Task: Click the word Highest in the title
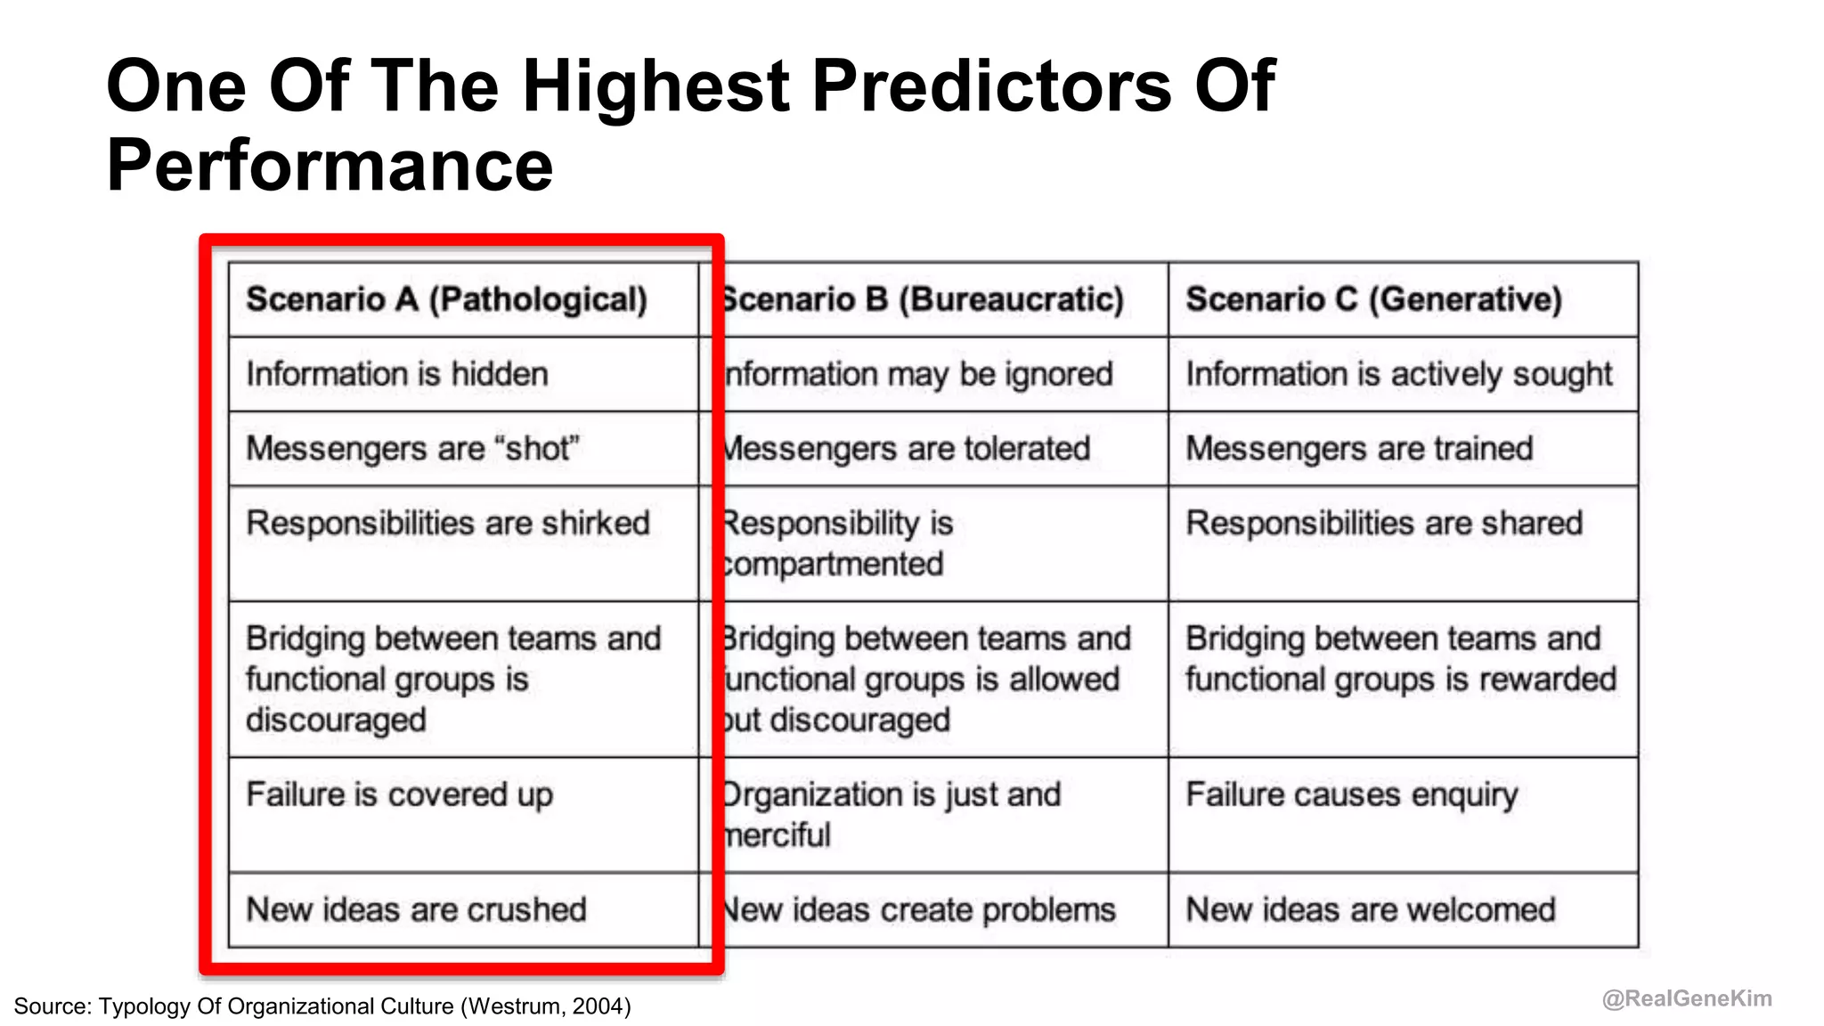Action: pos(655,86)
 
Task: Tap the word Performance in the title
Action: pos(330,166)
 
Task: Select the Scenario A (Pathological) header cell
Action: pos(446,299)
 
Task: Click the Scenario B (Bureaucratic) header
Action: pos(923,299)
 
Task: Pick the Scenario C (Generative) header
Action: pos(1373,299)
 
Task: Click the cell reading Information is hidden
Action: pos(397,374)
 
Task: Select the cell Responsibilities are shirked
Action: pos(448,523)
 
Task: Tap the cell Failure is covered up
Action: pos(399,794)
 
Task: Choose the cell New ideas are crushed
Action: pos(416,909)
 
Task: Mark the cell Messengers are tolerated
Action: pos(907,448)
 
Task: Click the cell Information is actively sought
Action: pos(1398,374)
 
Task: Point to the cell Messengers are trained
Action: pos(1359,448)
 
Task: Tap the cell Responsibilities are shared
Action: pos(1384,523)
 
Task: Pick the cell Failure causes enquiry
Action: pos(1351,794)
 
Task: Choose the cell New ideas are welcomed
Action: pos(1371,909)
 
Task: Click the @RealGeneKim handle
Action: pos(1687,998)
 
